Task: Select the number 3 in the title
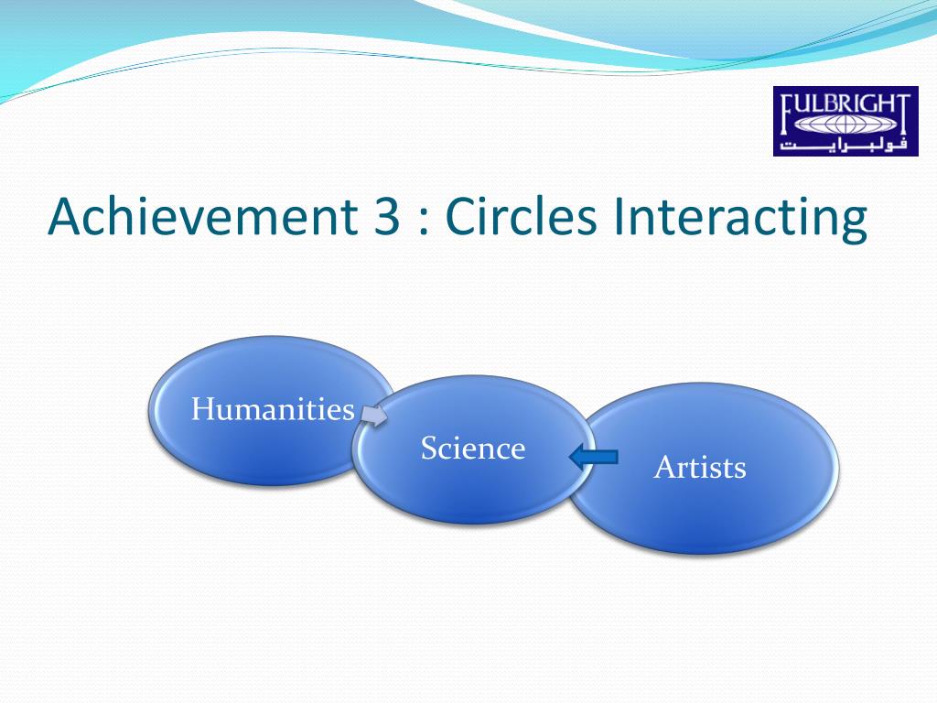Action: [x=387, y=216]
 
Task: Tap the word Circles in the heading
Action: [x=521, y=215]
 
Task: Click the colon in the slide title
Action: [x=424, y=222]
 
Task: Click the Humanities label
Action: [x=273, y=409]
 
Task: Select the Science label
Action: [x=473, y=448]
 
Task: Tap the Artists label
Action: [x=700, y=467]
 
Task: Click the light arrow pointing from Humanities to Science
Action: [x=374, y=415]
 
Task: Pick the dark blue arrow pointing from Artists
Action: [x=593, y=458]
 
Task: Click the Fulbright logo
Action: [x=845, y=122]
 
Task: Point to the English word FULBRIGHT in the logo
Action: [x=846, y=106]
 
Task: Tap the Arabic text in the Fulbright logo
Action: [x=844, y=144]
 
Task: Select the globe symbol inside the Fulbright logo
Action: [x=844, y=124]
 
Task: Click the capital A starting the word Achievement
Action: [x=65, y=216]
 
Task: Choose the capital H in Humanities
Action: [x=203, y=408]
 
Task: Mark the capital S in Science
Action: [x=428, y=448]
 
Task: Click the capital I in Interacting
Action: [x=618, y=216]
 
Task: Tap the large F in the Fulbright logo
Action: [x=789, y=115]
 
